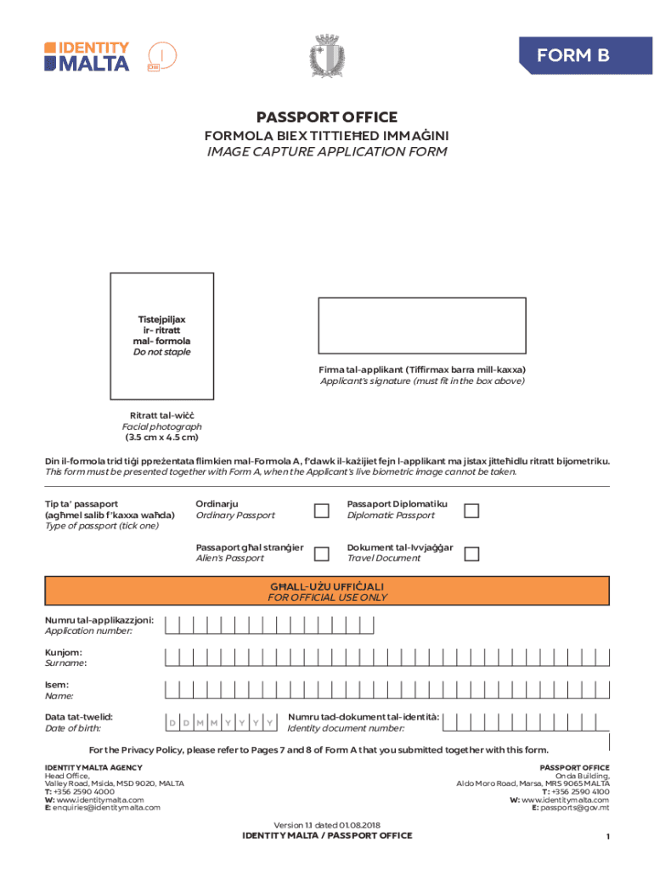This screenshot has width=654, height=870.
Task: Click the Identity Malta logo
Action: pyautogui.click(x=87, y=56)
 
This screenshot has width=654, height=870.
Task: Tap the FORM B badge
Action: pyautogui.click(x=572, y=55)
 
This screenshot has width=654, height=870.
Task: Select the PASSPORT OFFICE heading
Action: pyautogui.click(x=327, y=117)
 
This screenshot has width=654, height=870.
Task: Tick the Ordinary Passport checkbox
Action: pyautogui.click(x=321, y=511)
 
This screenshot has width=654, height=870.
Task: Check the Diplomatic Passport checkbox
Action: pyautogui.click(x=471, y=511)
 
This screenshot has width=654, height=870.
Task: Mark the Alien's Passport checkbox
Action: pyautogui.click(x=321, y=554)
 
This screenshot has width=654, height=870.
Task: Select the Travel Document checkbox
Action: pyautogui.click(x=471, y=554)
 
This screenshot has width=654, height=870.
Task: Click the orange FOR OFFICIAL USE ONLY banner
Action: pyautogui.click(x=327, y=591)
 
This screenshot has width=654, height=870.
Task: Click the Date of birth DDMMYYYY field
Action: pyautogui.click(x=222, y=722)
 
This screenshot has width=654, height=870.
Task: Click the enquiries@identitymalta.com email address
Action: pyautogui.click(x=106, y=807)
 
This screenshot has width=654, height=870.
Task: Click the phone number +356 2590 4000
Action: pyautogui.click(x=78, y=791)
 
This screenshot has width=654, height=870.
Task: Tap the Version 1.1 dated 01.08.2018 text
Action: pyautogui.click(x=327, y=825)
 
